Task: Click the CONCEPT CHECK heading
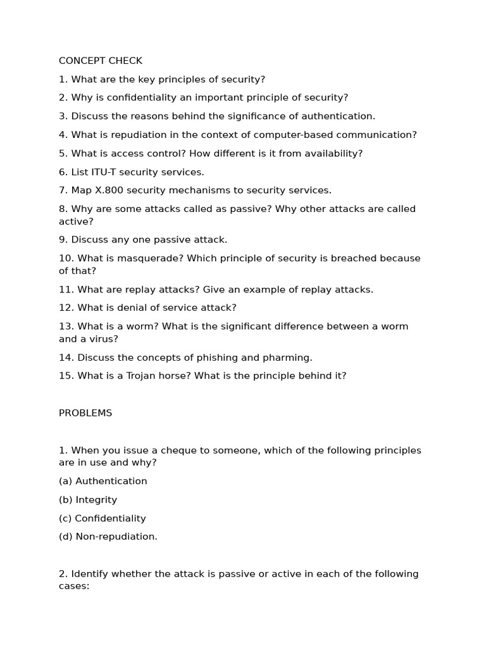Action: pos(101,61)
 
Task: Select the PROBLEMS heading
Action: pos(85,413)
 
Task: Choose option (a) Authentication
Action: pos(103,481)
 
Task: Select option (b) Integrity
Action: pos(88,500)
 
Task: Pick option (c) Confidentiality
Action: pos(103,518)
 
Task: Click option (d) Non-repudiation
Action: pos(108,537)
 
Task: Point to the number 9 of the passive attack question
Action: pos(62,240)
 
